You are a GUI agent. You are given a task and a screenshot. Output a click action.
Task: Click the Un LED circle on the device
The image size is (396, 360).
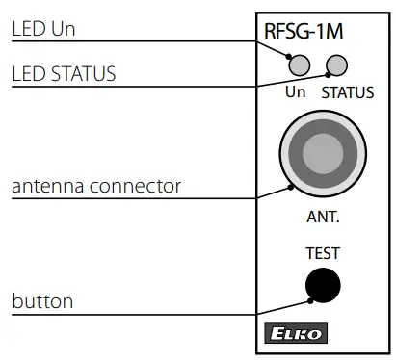coord(301,65)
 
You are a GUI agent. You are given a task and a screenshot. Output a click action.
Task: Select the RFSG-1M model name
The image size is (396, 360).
coord(304,32)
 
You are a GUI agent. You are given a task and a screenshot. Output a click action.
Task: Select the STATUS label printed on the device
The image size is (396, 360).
coord(347,93)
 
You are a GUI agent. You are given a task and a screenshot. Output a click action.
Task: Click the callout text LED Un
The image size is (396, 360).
coord(43,30)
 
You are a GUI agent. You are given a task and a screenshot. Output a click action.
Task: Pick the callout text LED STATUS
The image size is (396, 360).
coord(65,73)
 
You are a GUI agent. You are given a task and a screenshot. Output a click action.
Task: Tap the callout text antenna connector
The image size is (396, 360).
coord(96,184)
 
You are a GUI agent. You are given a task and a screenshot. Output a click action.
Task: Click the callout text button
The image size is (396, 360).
coord(42,302)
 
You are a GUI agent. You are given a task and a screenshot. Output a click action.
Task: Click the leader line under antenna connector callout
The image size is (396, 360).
coord(145,198)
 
